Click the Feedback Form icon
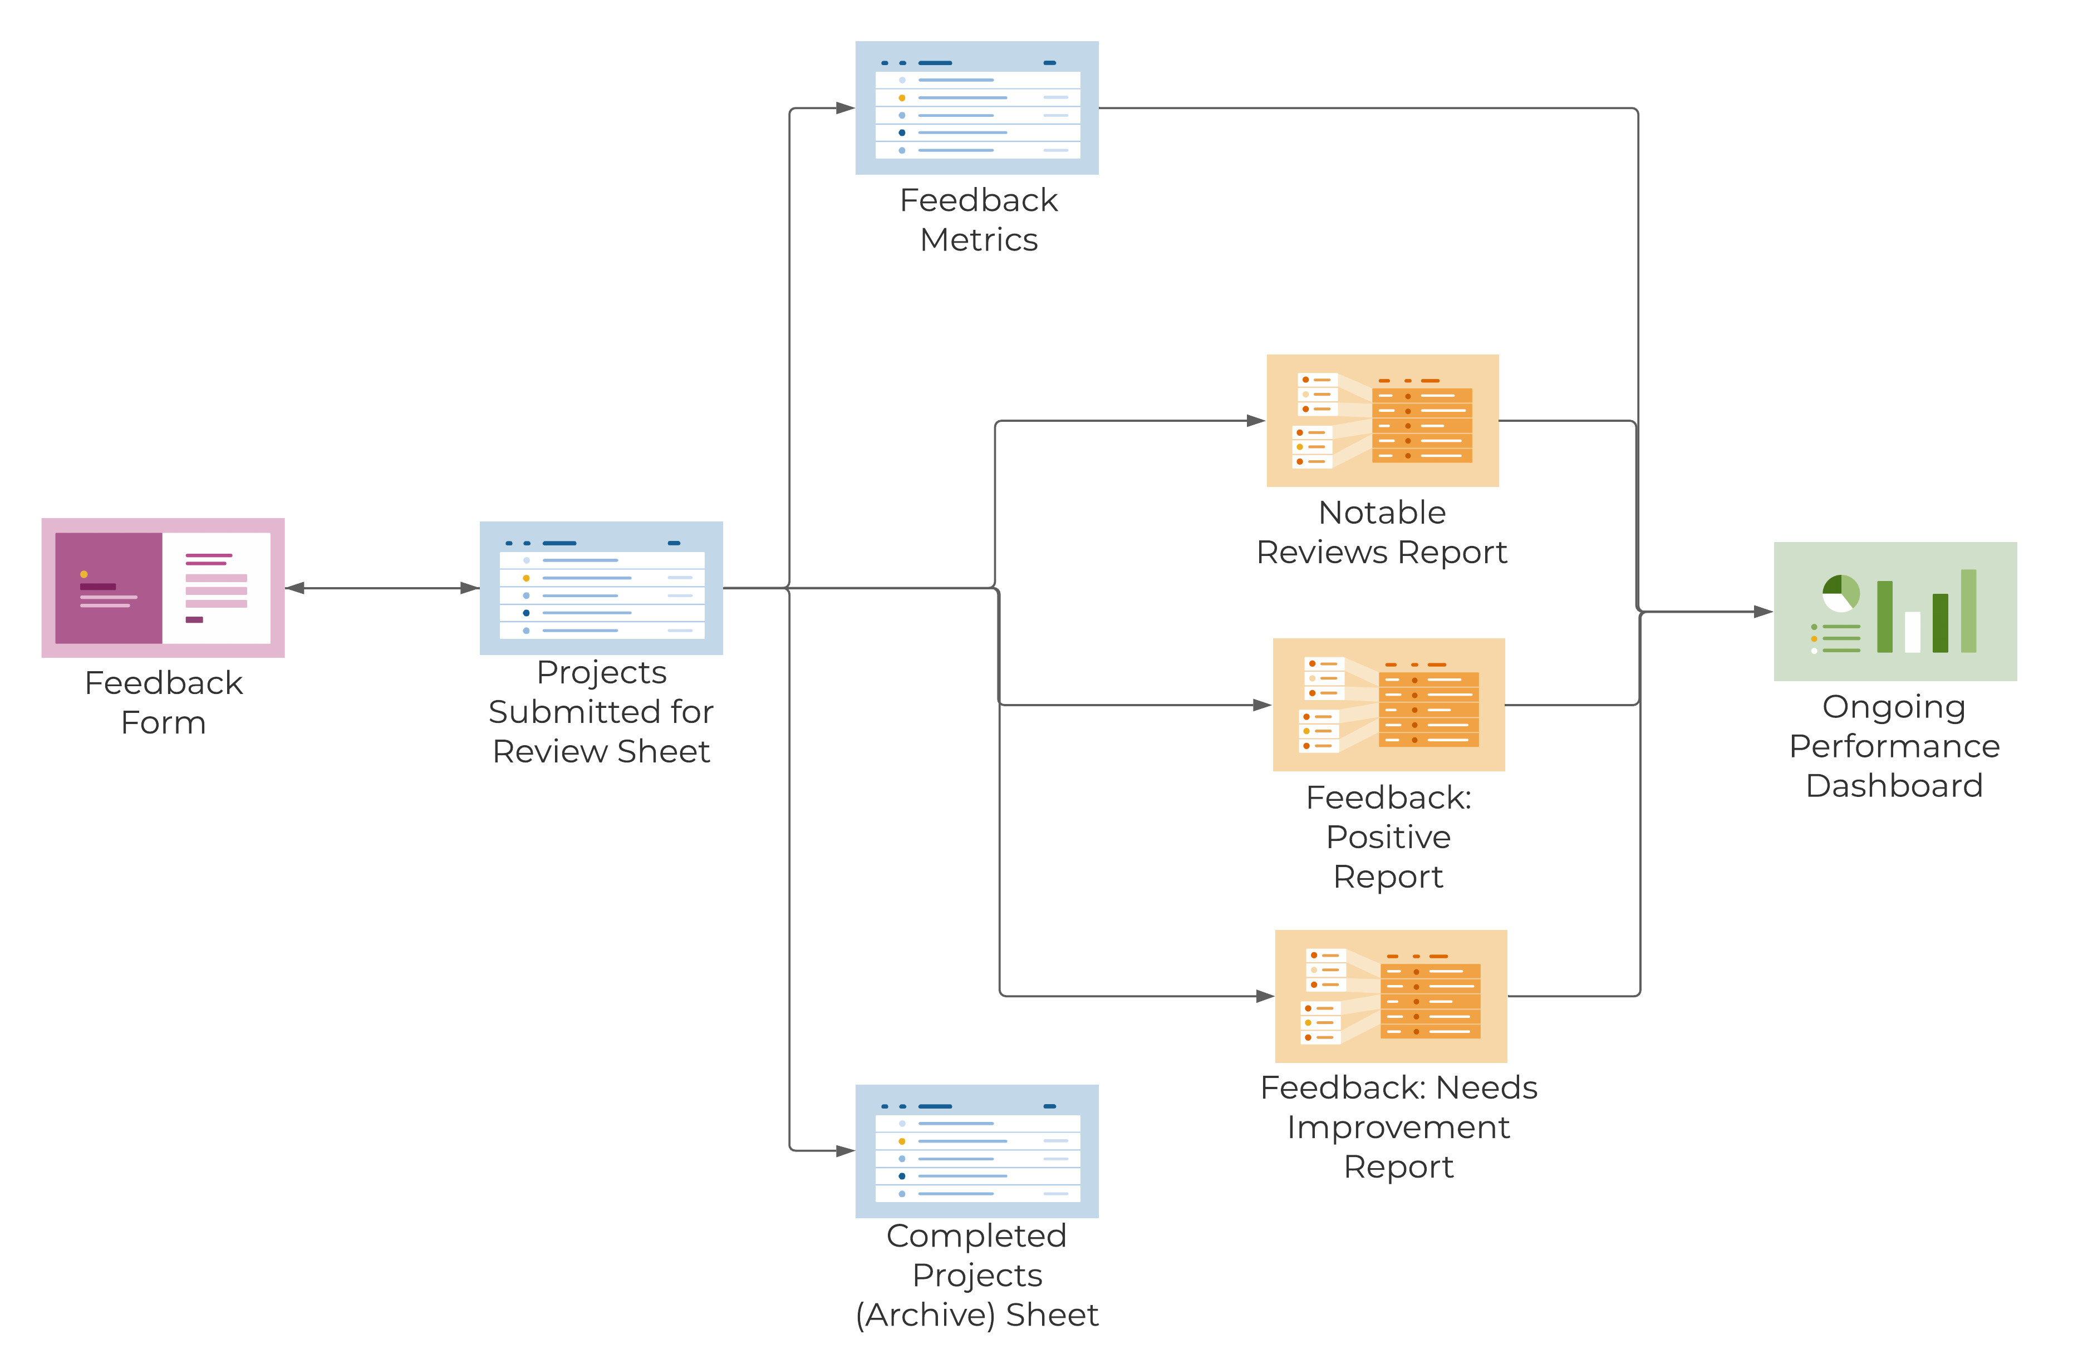click(163, 588)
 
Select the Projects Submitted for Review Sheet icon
click(601, 588)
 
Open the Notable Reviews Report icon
click(1382, 421)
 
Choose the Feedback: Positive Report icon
click(1388, 705)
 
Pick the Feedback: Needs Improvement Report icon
click(1390, 996)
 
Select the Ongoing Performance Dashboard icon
click(1895, 612)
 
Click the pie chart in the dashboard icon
click(1840, 594)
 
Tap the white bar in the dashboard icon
click(1913, 632)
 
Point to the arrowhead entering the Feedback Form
click(295, 589)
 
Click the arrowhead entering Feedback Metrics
click(845, 108)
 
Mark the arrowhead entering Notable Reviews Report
click(1256, 421)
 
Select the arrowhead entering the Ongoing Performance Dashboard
click(1763, 612)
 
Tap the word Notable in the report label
click(1382, 513)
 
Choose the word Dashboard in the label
click(1894, 786)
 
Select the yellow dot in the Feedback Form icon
click(83, 574)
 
